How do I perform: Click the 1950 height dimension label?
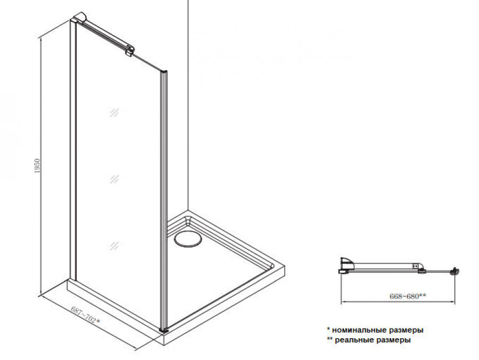pyautogui.click(x=37, y=166)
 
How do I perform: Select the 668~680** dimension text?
pyautogui.click(x=408, y=296)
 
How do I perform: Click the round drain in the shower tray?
pyautogui.click(x=188, y=238)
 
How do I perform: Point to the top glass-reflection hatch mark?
pyautogui.click(x=114, y=113)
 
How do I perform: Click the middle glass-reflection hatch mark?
pyautogui.click(x=114, y=179)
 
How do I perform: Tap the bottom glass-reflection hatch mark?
pyautogui.click(x=114, y=246)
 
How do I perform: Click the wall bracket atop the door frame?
pyautogui.click(x=79, y=17)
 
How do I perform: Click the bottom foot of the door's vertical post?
pyautogui.click(x=164, y=330)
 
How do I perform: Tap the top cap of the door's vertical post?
pyautogui.click(x=164, y=71)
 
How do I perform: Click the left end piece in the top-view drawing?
pyautogui.click(x=346, y=265)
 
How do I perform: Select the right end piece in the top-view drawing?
pyautogui.click(x=455, y=271)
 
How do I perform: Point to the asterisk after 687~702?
pyautogui.click(x=97, y=321)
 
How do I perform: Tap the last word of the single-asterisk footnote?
pyautogui.click(x=406, y=330)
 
